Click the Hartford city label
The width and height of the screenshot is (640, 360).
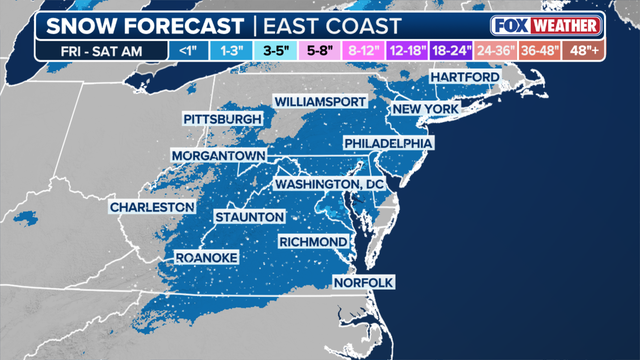point(466,78)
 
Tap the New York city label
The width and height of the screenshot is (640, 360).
point(425,108)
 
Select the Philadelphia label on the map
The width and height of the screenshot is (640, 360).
point(388,144)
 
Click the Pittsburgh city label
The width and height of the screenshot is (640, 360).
point(222,120)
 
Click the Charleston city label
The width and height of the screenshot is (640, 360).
point(152,207)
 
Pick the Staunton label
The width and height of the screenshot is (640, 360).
point(249,217)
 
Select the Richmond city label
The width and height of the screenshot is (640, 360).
point(313,242)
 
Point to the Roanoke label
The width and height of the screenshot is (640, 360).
point(207,258)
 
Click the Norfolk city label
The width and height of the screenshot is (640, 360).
point(363,283)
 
